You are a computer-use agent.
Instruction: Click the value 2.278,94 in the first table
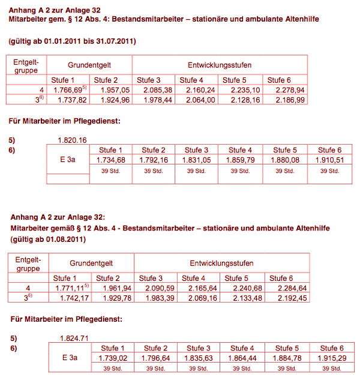pos(284,90)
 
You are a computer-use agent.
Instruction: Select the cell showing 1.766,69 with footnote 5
pos(71,90)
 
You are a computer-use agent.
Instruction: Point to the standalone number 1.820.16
pos(73,140)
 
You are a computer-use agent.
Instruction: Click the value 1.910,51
pos(326,160)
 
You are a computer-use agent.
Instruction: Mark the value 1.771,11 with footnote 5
pos(72,288)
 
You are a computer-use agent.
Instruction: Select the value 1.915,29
pos(328,358)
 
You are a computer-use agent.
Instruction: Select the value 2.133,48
pos(242,298)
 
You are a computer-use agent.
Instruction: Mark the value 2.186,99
pos(284,100)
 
